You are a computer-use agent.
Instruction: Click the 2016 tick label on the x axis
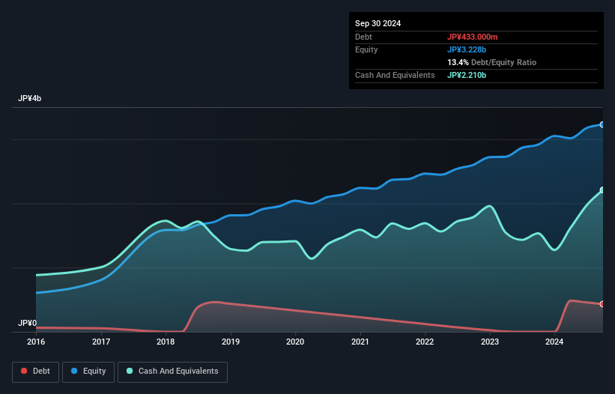(x=36, y=342)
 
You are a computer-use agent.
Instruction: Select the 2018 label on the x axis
(x=166, y=342)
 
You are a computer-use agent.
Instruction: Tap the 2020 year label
(x=295, y=342)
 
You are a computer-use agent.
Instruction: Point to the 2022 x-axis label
(x=425, y=342)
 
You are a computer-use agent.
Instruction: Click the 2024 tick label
(x=554, y=342)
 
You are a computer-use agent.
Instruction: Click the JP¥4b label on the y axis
(x=30, y=99)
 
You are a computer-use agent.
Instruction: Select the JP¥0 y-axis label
(x=27, y=324)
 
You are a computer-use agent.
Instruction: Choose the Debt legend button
(x=35, y=371)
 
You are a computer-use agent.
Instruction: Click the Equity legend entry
(x=88, y=371)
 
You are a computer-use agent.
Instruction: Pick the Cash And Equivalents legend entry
(x=172, y=371)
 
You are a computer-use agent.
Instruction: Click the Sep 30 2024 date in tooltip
(x=378, y=23)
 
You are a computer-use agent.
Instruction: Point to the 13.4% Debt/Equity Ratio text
(x=491, y=62)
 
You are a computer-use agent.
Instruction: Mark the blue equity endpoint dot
(x=602, y=124)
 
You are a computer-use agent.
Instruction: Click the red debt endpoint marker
(x=602, y=304)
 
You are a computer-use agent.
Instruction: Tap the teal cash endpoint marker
(x=602, y=190)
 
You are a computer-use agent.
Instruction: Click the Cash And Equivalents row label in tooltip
(x=395, y=75)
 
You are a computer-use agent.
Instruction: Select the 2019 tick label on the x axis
(x=231, y=342)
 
